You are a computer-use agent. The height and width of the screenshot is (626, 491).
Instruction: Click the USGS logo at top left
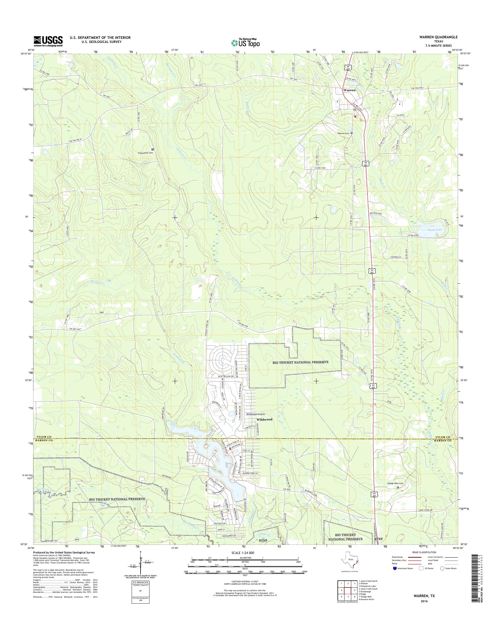coord(48,41)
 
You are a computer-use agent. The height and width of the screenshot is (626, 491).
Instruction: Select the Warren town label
coord(349,90)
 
